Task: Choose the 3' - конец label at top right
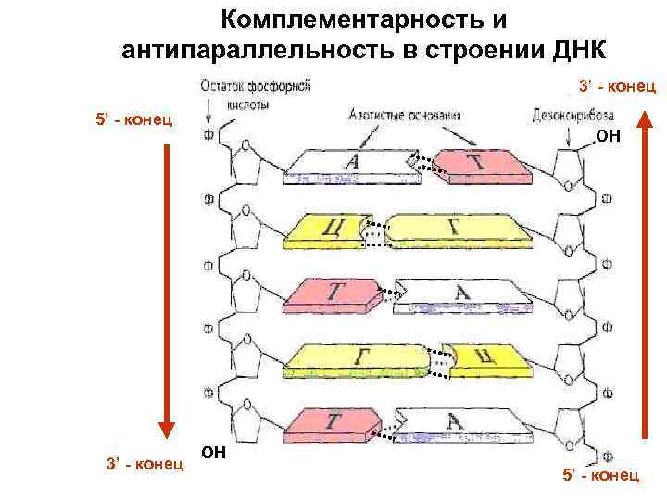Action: tap(617, 86)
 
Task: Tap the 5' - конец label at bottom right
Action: tap(600, 475)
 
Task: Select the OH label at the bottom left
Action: tap(213, 453)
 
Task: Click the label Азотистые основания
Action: tap(405, 116)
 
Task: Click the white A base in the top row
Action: tap(347, 167)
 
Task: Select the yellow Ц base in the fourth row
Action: tap(482, 359)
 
